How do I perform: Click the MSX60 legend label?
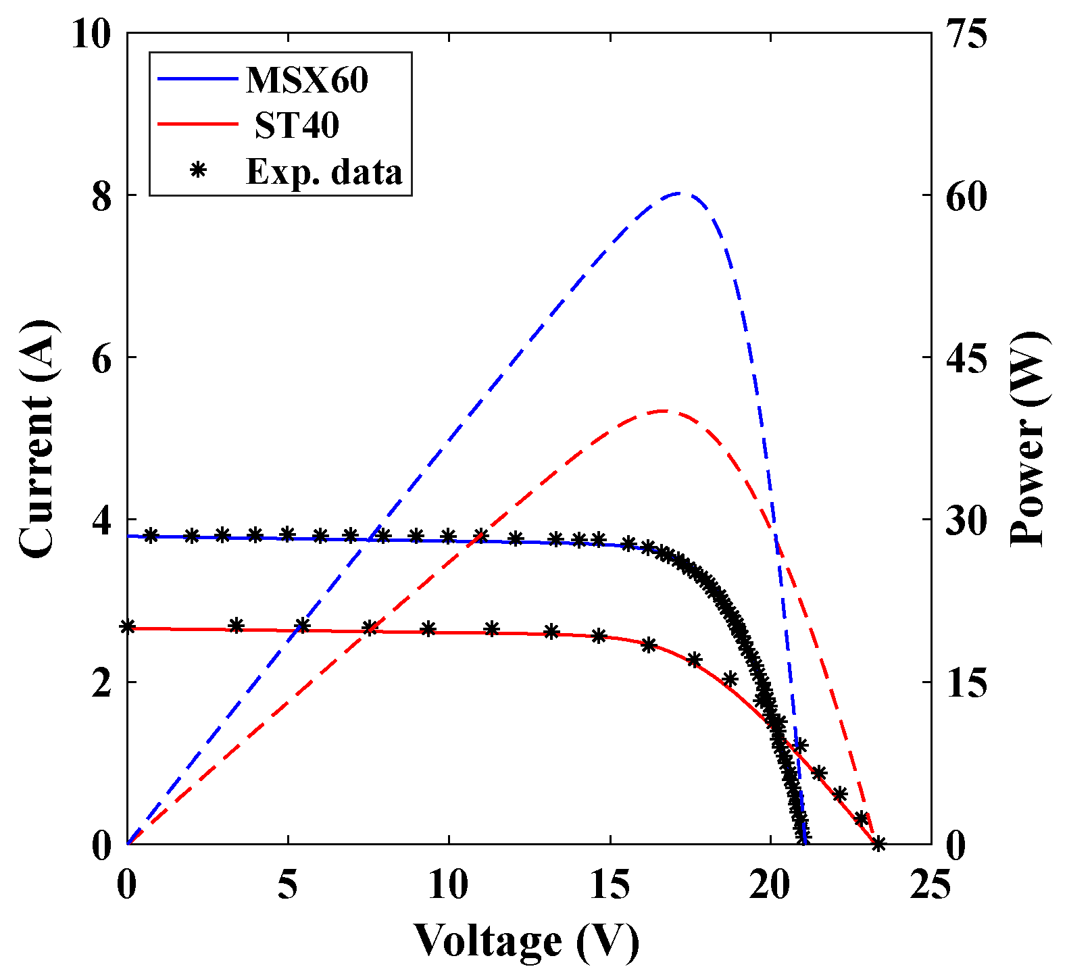pyautogui.click(x=307, y=80)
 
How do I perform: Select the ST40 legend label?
pyautogui.click(x=297, y=125)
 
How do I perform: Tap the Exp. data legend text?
pyautogui.click(x=324, y=172)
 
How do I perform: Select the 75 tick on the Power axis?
pyautogui.click(x=966, y=34)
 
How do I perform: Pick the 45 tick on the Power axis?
pyautogui.click(x=966, y=358)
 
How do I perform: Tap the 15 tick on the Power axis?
pyautogui.click(x=966, y=682)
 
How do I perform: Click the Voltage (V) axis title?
pyautogui.click(x=526, y=941)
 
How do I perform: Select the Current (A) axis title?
pyautogui.click(x=37, y=439)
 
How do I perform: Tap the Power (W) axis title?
pyautogui.click(x=1029, y=439)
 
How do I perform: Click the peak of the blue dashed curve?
pyautogui.click(x=681, y=194)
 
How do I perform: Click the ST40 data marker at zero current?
pyautogui.click(x=878, y=843)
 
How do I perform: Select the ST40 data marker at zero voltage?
pyautogui.click(x=127, y=626)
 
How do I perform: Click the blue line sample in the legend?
pyautogui.click(x=197, y=79)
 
